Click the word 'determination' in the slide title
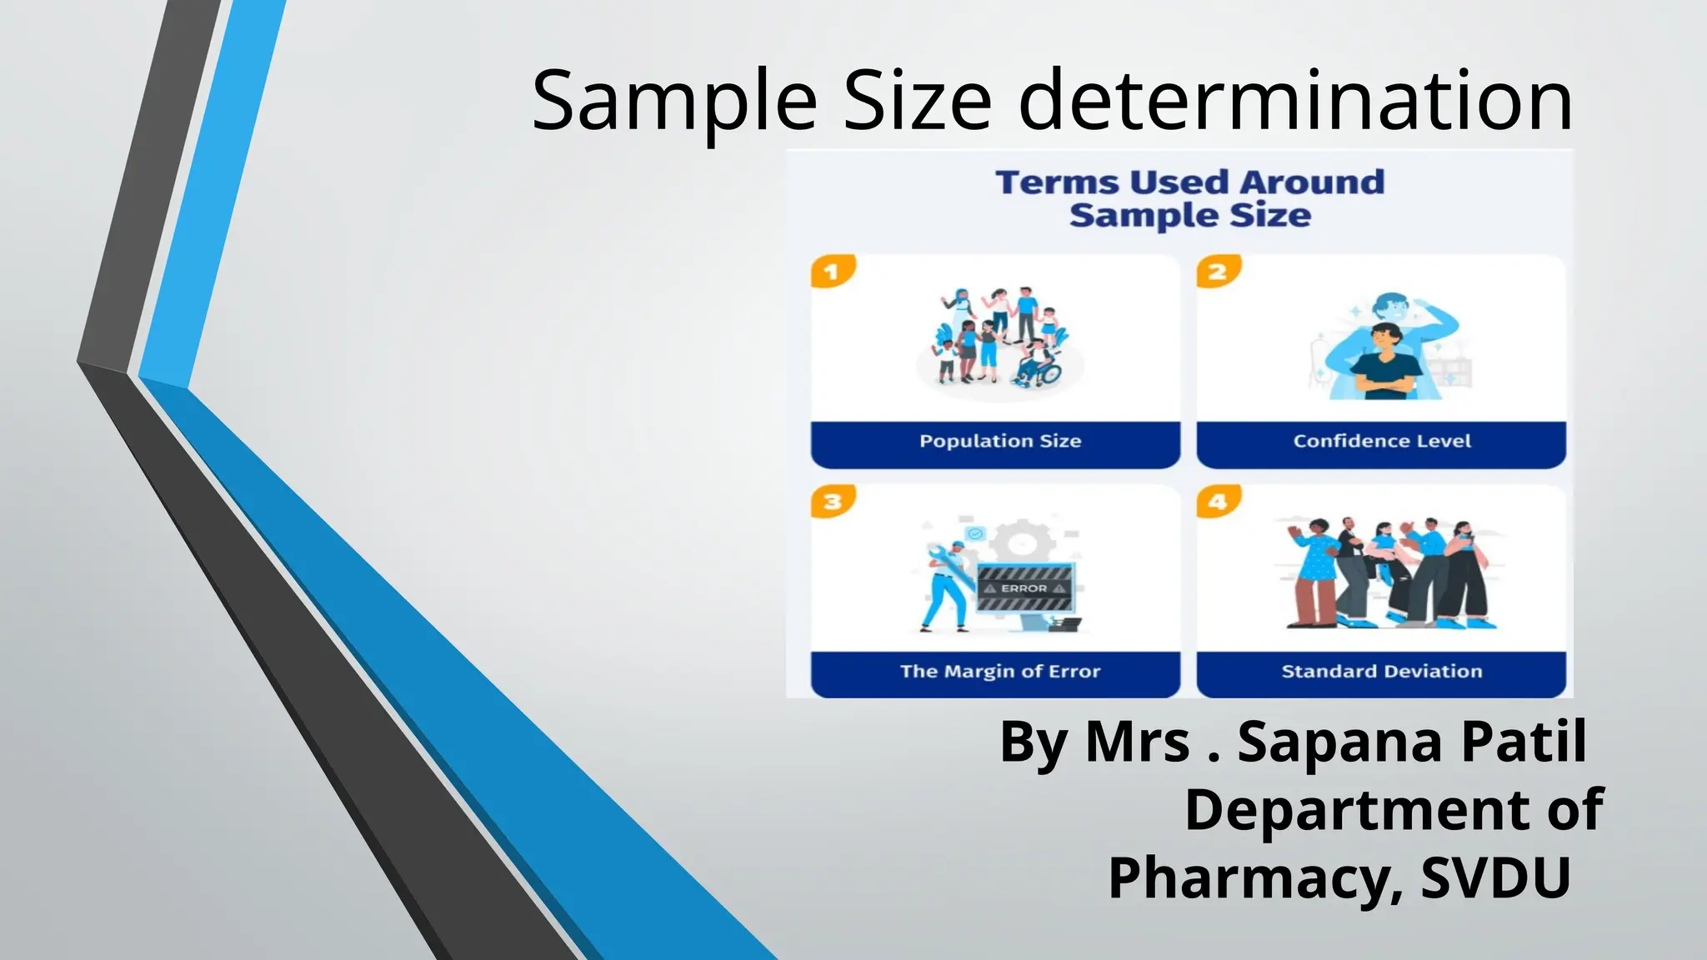(1295, 102)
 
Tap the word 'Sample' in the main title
(673, 102)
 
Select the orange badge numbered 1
(832, 272)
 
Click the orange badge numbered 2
(1218, 272)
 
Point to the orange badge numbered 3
(832, 502)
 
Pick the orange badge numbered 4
(1218, 502)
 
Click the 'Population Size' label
(1000, 442)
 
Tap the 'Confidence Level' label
(1381, 442)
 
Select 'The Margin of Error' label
(1000, 672)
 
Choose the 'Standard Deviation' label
(1381, 672)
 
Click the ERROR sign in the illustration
(1024, 588)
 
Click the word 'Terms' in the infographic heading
(1057, 182)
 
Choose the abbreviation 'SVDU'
(1495, 878)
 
